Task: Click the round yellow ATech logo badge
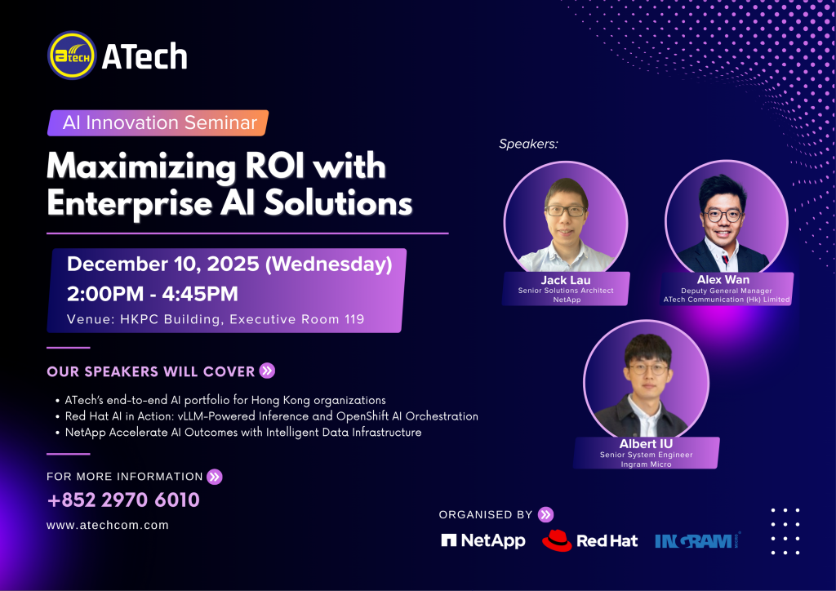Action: tap(72, 56)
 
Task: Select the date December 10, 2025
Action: tap(163, 264)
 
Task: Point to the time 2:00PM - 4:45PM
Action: tap(153, 294)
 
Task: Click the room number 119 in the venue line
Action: tap(354, 319)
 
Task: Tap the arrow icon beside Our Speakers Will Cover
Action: tap(267, 371)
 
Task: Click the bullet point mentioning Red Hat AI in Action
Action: tap(271, 416)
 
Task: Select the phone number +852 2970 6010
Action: tap(123, 500)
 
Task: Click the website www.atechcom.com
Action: tap(108, 525)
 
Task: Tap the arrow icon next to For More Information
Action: tap(215, 477)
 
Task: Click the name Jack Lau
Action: tap(566, 280)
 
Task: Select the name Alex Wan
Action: tap(723, 279)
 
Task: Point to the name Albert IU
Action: tap(647, 443)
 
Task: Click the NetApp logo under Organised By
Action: tap(483, 540)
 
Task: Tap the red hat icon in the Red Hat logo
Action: tap(557, 540)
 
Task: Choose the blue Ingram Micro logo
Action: tap(698, 541)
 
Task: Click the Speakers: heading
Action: tap(528, 144)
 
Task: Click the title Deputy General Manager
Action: tap(726, 291)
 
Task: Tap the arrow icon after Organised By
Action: tap(545, 514)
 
